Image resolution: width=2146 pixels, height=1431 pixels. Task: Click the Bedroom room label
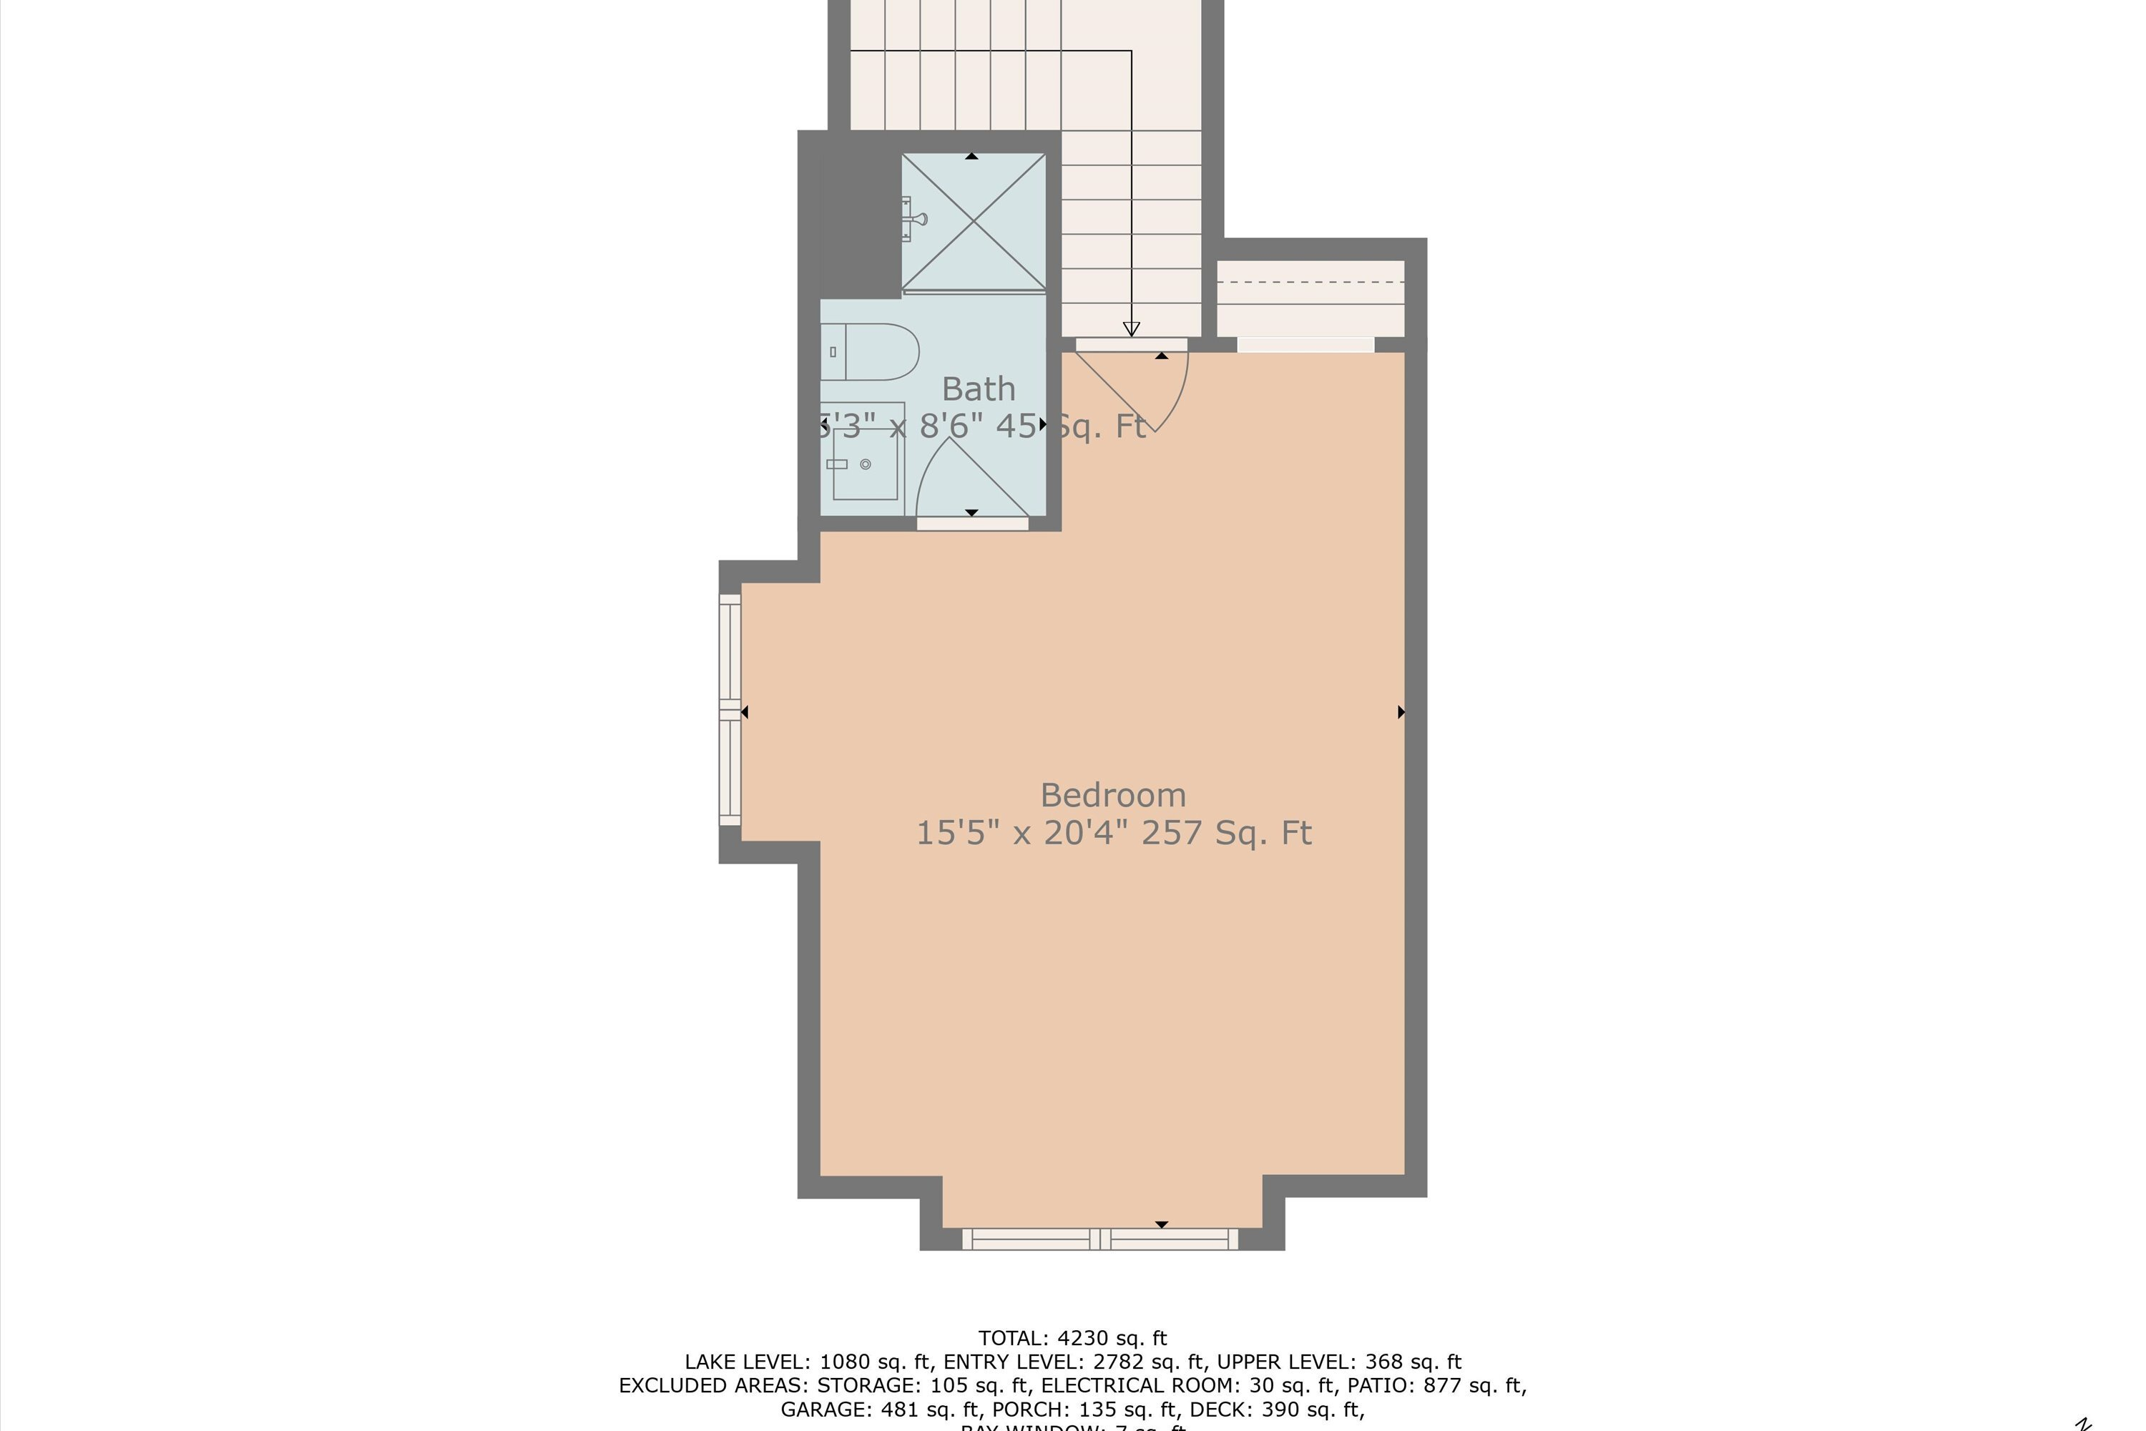1113,795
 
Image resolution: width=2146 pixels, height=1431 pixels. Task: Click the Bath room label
978,389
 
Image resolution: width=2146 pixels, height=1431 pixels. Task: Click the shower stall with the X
974,222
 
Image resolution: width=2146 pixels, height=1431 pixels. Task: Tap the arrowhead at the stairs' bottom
1132,329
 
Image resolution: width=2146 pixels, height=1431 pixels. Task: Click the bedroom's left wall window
730,710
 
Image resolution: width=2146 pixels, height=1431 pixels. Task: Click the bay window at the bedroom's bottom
1100,1239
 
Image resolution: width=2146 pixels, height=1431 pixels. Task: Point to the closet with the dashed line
1310,298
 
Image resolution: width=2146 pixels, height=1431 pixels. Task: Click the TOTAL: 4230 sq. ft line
1072,1338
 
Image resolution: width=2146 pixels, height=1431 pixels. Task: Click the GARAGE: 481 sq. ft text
881,1409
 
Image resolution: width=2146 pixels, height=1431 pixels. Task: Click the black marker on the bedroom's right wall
1401,712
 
